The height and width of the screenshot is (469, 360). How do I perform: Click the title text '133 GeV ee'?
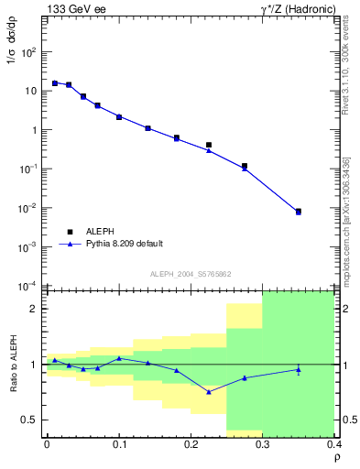[74, 9]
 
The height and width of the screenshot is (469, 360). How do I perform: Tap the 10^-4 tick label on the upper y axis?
[29, 286]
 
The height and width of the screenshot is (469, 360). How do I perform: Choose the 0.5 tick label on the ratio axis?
[30, 420]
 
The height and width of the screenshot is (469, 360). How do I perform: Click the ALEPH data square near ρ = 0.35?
[299, 211]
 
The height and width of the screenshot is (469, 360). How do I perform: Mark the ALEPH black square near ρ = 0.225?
[209, 145]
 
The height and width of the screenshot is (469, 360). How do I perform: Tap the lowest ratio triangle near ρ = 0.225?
[209, 391]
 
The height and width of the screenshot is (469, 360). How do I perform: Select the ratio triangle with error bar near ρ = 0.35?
[299, 369]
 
